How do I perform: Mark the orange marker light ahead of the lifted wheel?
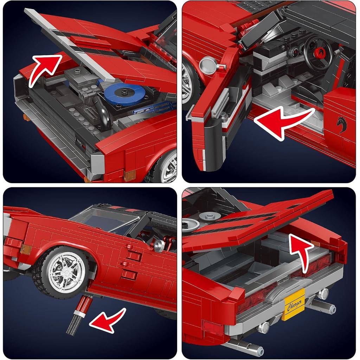click(x=26, y=250)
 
